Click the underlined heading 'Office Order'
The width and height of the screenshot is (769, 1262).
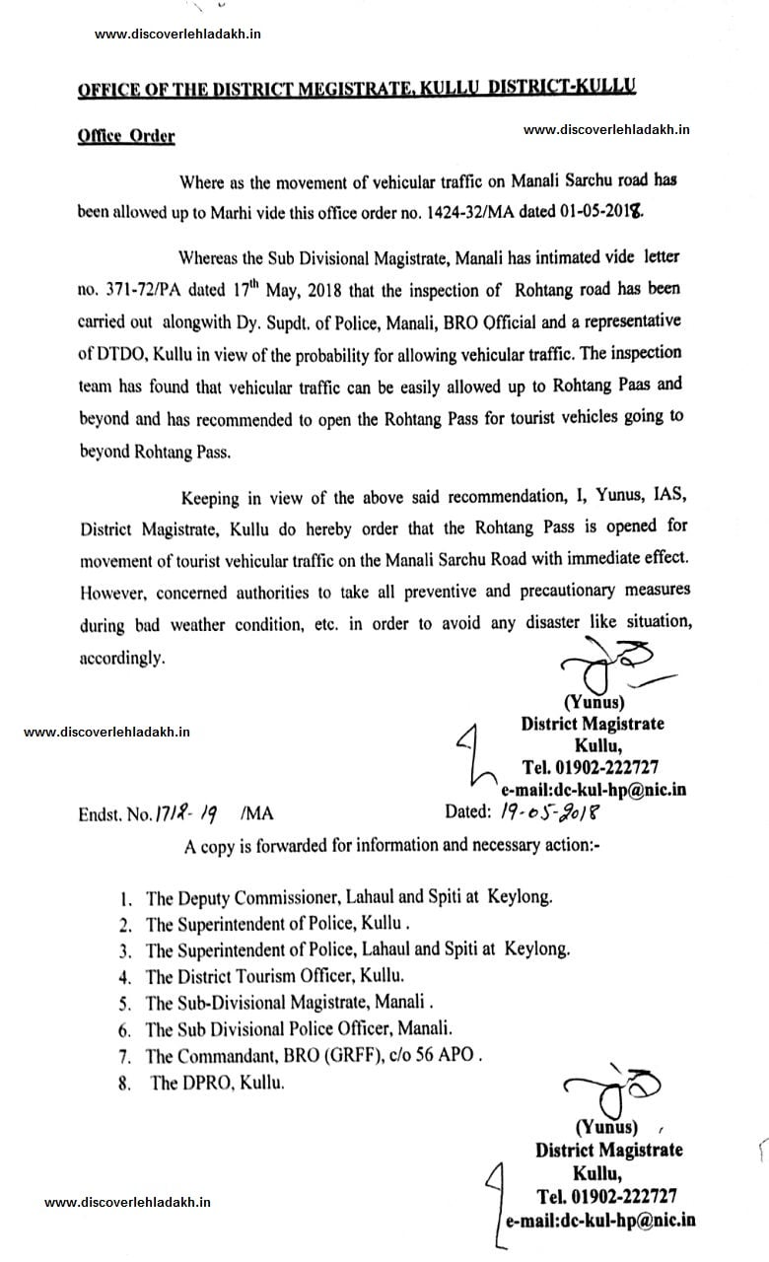pos(126,136)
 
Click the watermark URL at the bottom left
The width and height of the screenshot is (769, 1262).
pos(128,1202)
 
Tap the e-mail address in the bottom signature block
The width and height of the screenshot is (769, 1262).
pos(600,1220)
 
